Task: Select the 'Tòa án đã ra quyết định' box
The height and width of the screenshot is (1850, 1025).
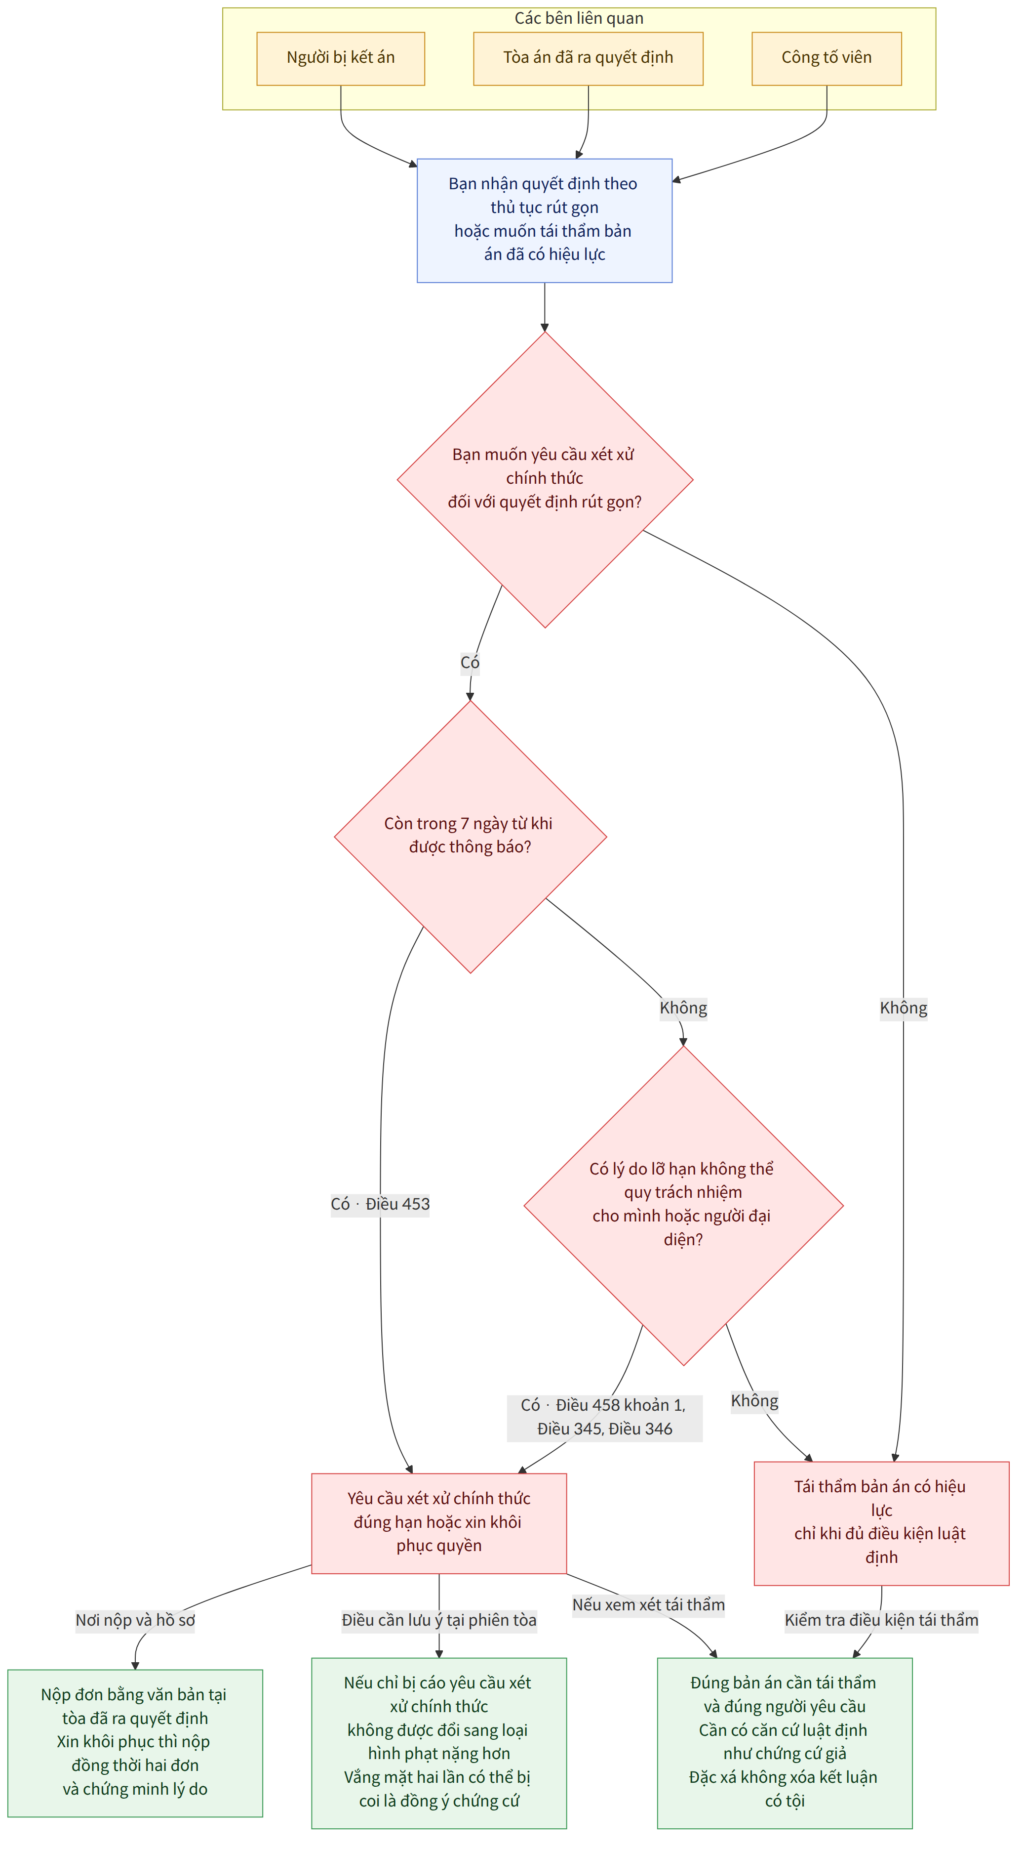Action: point(588,58)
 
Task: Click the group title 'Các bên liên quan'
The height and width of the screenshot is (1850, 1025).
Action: point(579,18)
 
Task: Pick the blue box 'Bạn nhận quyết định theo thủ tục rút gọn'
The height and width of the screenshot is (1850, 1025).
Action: point(544,220)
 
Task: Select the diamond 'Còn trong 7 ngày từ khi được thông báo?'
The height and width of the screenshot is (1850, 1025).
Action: point(470,837)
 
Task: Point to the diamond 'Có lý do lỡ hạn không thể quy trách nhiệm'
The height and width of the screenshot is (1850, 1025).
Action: point(683,1205)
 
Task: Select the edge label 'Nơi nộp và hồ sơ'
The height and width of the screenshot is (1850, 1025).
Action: point(135,1620)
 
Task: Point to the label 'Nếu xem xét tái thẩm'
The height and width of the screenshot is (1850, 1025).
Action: point(648,1604)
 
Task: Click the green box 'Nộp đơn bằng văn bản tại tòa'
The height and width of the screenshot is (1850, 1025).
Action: point(135,1743)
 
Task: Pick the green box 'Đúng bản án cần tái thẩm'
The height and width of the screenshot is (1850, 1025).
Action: point(785,1743)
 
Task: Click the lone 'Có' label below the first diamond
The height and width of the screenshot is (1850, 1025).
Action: point(470,662)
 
